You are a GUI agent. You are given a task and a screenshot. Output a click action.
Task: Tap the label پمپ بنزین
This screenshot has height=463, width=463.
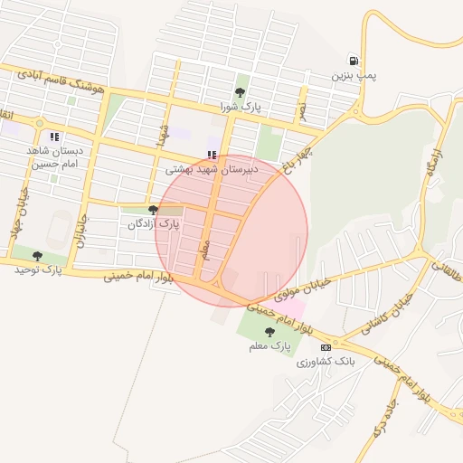352,76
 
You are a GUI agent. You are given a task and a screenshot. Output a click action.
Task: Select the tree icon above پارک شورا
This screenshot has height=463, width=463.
240,91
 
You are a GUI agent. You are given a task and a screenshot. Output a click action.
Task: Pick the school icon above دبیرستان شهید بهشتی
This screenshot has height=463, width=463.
212,155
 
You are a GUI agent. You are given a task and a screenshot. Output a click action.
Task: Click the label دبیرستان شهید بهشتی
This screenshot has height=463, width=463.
212,169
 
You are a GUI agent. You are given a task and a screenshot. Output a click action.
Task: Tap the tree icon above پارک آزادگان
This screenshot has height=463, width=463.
152,209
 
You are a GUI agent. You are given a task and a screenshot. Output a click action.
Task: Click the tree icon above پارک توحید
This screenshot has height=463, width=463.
37,256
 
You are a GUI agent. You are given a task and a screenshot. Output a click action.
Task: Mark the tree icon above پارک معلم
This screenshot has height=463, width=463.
270,332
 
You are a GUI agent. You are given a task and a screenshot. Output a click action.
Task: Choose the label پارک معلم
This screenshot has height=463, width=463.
270,345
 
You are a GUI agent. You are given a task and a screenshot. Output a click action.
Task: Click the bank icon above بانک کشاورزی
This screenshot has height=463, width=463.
326,346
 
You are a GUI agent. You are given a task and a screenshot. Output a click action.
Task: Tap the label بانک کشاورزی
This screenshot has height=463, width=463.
332,361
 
